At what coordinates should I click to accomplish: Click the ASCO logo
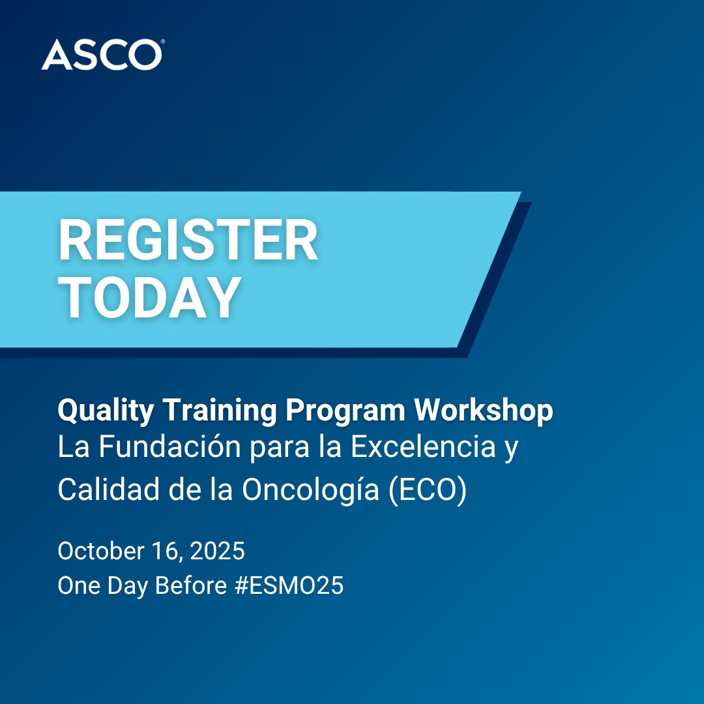[101, 55]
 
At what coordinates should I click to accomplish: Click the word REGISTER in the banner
[188, 242]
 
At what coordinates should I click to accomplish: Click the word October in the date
[100, 551]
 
